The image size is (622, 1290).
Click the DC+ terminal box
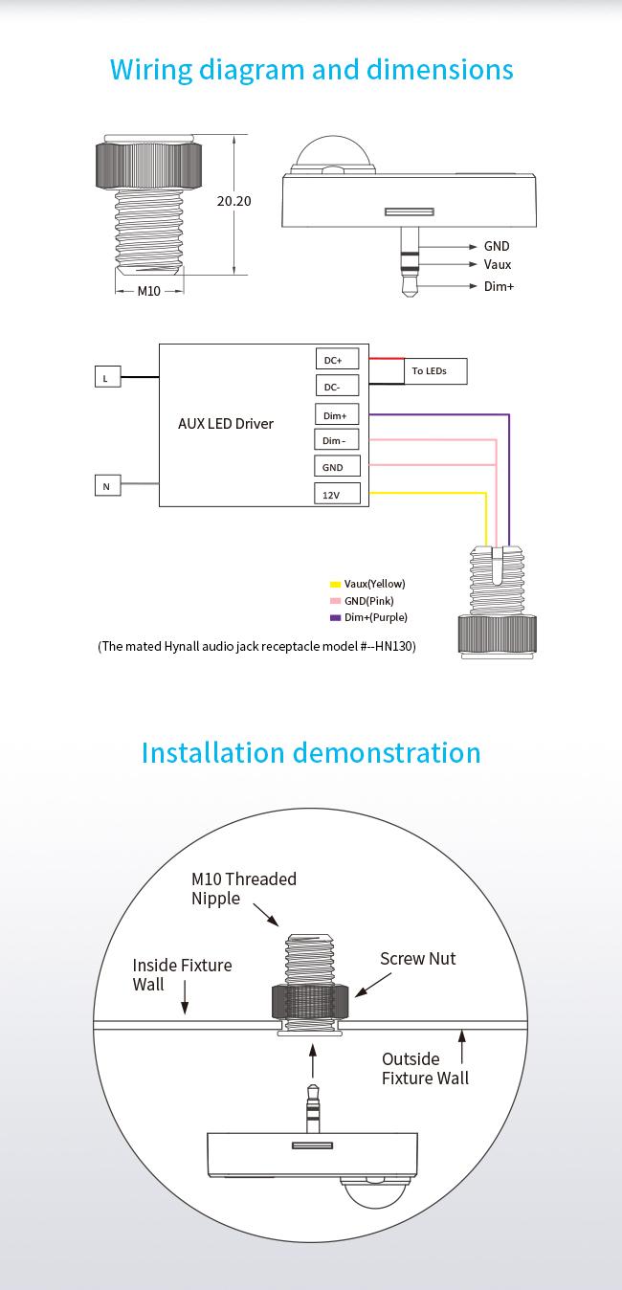[337, 358]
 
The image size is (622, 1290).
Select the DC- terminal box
[337, 386]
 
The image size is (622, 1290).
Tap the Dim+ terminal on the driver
[337, 414]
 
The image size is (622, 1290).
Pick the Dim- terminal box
[337, 439]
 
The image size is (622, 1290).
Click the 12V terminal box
[337, 494]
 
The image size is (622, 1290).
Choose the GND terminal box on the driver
[337, 466]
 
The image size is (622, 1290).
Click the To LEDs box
[435, 371]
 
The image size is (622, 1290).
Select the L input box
[108, 377]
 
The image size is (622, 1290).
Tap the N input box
[108, 485]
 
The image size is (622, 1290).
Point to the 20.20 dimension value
[233, 201]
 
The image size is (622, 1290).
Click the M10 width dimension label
[148, 292]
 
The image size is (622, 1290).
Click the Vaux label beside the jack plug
[497, 264]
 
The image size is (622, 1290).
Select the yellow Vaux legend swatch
[335, 584]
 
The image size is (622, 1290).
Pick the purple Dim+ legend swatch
[335, 618]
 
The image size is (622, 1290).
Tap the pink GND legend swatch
[335, 601]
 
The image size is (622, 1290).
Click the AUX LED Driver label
[226, 424]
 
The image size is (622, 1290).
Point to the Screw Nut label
[417, 958]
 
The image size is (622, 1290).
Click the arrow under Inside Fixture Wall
[185, 997]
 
